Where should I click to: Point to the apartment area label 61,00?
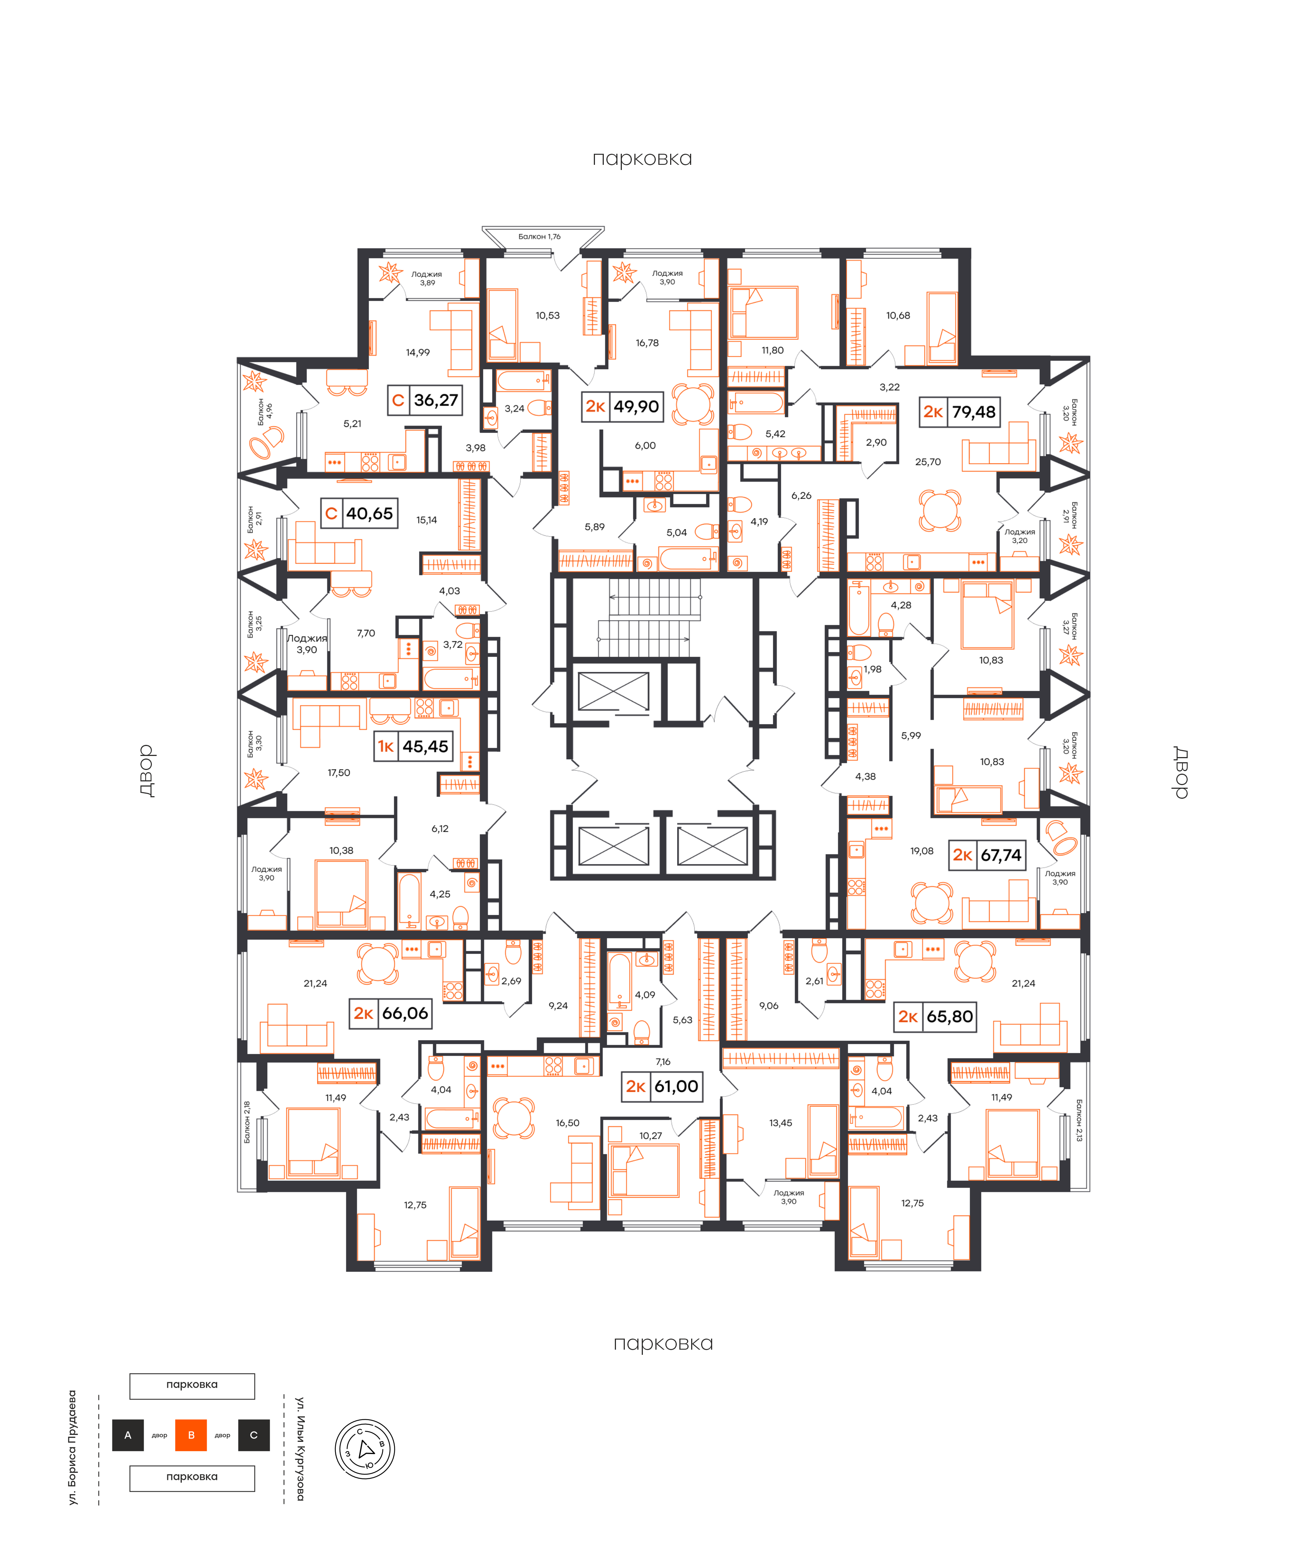click(676, 1086)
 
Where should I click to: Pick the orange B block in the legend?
click(191, 1435)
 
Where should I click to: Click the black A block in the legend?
click(128, 1435)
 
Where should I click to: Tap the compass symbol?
click(365, 1449)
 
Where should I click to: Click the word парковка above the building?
click(642, 159)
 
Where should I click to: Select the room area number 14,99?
click(418, 353)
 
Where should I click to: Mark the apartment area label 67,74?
click(1001, 855)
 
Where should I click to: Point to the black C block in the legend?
click(254, 1435)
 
